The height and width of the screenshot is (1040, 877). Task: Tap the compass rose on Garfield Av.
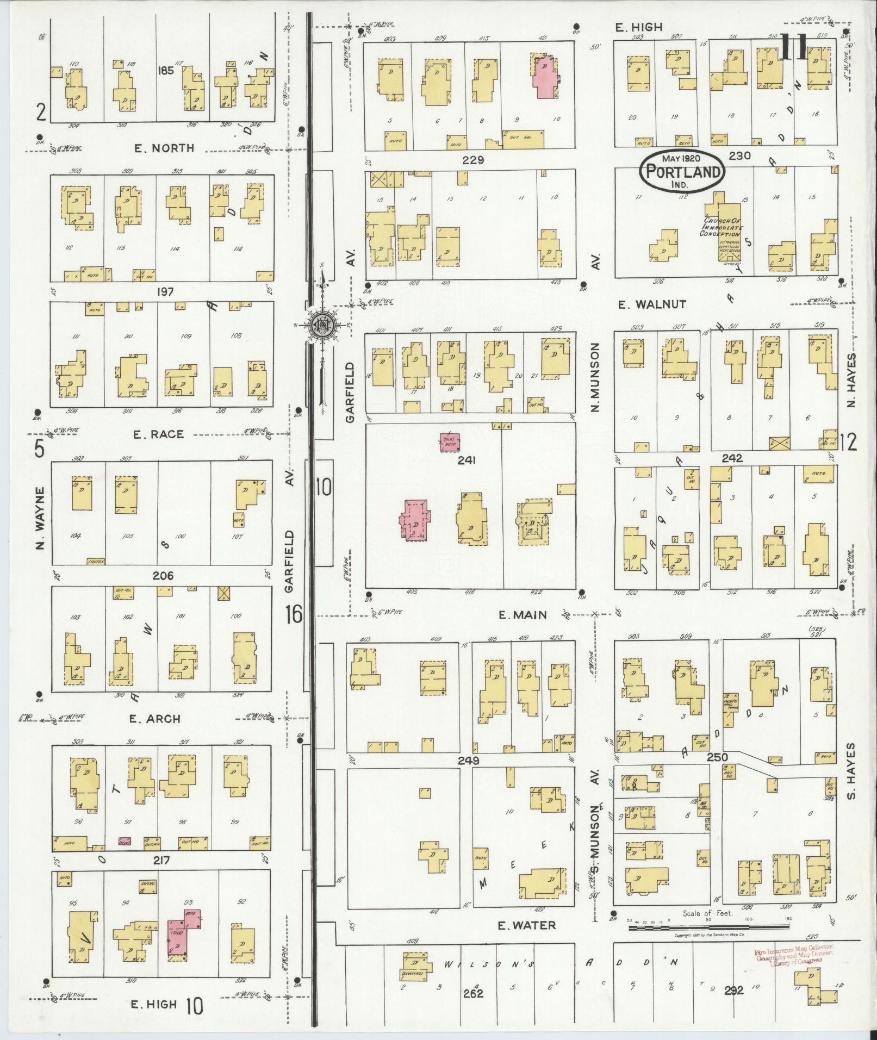coord(321,325)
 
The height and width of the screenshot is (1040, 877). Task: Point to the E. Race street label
coord(158,434)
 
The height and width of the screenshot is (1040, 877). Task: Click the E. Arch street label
coord(154,719)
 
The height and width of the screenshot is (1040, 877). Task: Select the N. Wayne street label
coord(39,517)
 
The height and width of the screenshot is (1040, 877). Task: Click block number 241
coord(467,460)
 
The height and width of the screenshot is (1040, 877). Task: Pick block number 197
coord(165,292)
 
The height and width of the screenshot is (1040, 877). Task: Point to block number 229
coord(473,160)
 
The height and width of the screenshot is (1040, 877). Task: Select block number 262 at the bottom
coord(474,993)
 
